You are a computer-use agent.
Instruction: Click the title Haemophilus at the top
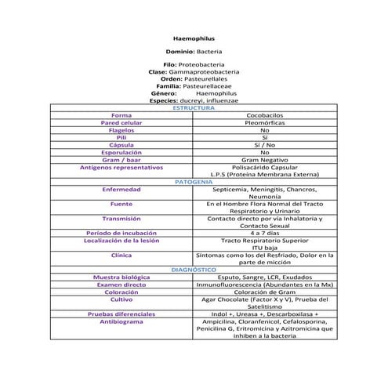(x=194, y=38)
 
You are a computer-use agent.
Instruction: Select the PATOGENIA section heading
(x=194, y=181)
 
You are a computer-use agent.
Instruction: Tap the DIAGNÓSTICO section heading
(x=194, y=269)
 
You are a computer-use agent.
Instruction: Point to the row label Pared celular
(x=121, y=122)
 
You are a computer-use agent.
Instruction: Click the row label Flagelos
(x=121, y=130)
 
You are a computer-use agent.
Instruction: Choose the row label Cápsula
(x=121, y=145)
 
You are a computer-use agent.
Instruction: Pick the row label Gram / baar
(x=121, y=159)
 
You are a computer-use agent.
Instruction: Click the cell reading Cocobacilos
(x=265, y=115)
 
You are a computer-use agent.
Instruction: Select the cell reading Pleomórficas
(x=265, y=122)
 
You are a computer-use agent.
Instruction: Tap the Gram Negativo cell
(x=265, y=159)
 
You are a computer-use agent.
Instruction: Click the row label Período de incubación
(x=121, y=233)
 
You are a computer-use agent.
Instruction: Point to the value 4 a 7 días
(x=265, y=233)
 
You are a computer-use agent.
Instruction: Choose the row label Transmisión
(x=121, y=219)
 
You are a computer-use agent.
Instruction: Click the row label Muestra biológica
(x=121, y=277)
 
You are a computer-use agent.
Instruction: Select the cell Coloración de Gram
(x=265, y=292)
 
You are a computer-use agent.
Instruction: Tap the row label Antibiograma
(x=121, y=321)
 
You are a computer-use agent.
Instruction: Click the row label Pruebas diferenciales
(x=121, y=314)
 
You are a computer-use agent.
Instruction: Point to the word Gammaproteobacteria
(x=213, y=71)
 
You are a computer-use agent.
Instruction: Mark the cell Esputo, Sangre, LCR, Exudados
(x=265, y=277)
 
